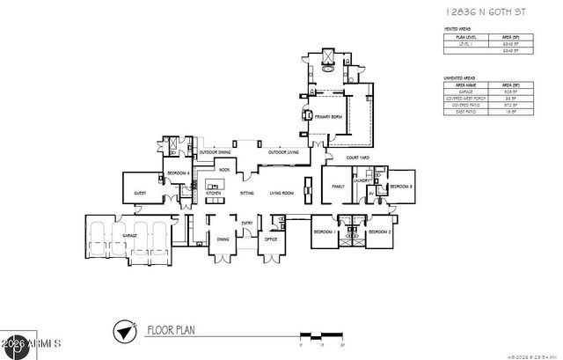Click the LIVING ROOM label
[281, 192]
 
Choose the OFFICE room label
[271, 239]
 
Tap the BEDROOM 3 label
[401, 187]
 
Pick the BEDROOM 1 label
[325, 231]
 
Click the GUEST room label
[139, 192]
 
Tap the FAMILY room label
[338, 187]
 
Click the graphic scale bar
[321, 336]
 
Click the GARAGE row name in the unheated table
[466, 90]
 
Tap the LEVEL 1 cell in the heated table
[466, 44]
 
